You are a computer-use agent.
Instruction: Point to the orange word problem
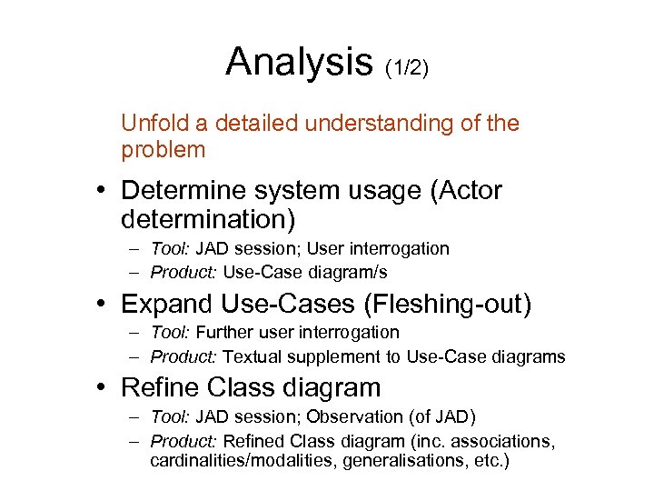point(163,149)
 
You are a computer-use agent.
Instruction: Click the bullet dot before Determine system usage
point(106,192)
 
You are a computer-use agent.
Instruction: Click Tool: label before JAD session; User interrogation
point(170,248)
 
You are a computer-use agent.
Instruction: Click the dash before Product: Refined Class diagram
point(134,441)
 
